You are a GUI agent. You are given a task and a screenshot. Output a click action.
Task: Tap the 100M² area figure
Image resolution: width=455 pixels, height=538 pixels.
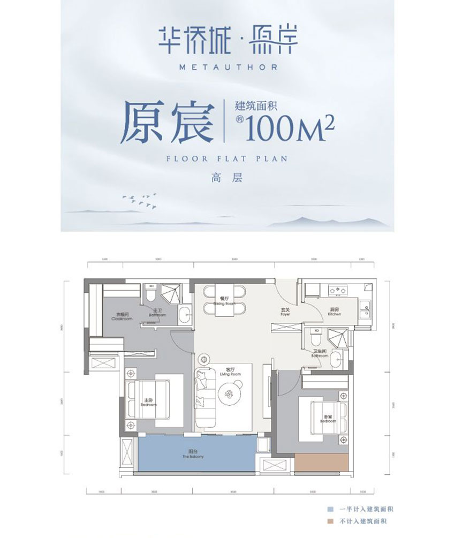pos(290,129)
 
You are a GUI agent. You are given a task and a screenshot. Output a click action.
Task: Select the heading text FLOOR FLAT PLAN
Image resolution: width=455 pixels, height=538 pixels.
pos(227,159)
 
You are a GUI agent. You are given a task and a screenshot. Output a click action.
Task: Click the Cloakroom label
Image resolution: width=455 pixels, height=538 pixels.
pos(122,316)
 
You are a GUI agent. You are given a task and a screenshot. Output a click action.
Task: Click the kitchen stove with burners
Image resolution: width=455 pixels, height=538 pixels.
pos(338,291)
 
